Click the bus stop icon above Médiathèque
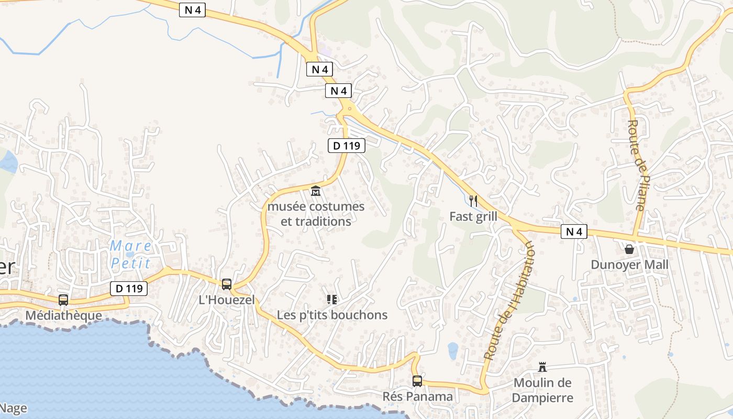63,300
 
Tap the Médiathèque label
63,315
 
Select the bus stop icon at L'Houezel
227,284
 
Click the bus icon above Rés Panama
417,381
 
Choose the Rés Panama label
417,396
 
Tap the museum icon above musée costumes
316,191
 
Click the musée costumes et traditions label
316,214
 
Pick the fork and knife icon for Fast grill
473,201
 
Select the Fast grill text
473,216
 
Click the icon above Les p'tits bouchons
331,300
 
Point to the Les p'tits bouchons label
332,315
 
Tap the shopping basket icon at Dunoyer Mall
629,249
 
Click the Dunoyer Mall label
629,264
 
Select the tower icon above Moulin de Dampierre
542,367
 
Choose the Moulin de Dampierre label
542,390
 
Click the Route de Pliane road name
636,165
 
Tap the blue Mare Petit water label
131,254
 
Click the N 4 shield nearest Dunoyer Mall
574,231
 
